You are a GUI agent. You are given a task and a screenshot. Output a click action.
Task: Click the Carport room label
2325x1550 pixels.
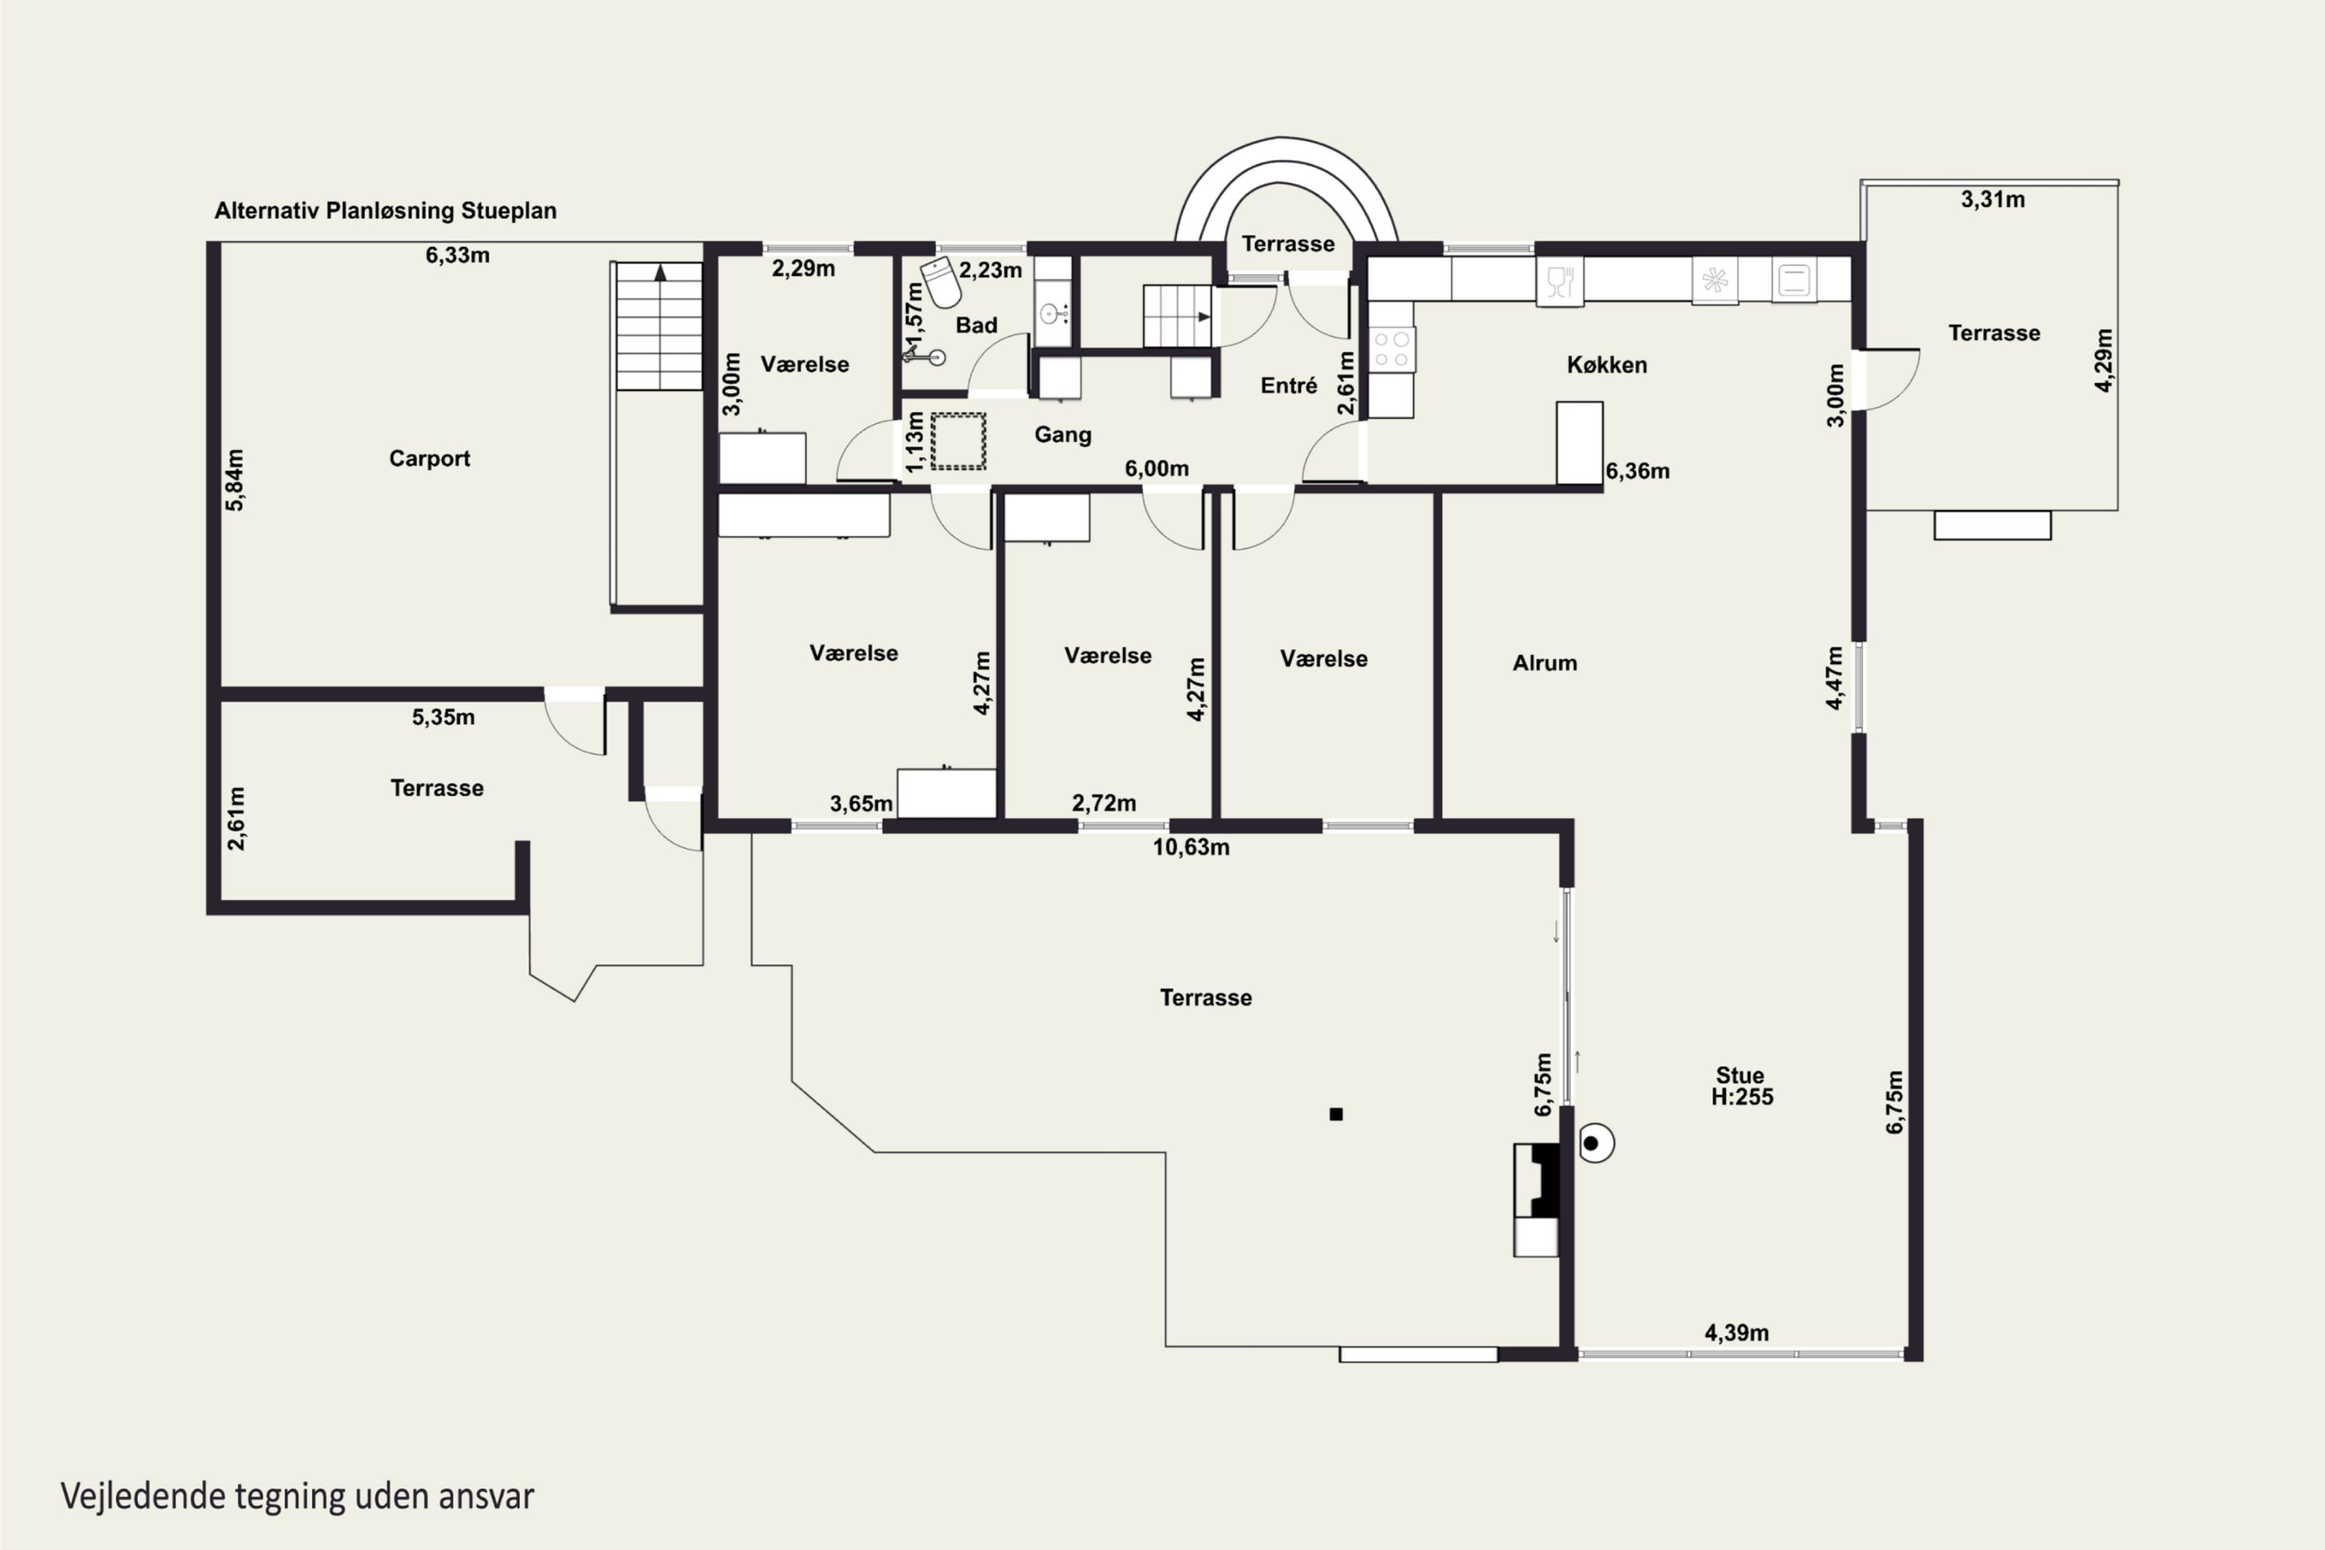click(x=429, y=459)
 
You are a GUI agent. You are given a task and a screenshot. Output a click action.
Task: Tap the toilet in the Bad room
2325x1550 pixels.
click(x=940, y=282)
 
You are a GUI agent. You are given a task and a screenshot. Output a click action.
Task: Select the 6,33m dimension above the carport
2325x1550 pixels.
click(x=458, y=255)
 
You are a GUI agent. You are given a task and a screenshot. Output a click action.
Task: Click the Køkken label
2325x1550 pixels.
click(x=1607, y=365)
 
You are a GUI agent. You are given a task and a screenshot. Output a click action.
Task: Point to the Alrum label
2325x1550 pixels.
click(x=1544, y=663)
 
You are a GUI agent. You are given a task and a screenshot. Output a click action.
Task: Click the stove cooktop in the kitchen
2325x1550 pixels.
click(x=1392, y=349)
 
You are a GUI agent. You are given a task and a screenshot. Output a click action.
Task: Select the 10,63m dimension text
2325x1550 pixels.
click(x=1191, y=847)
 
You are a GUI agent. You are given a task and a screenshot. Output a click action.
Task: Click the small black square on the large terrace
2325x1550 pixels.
click(x=1336, y=1114)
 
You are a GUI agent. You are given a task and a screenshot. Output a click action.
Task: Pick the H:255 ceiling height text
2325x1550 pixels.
click(x=1741, y=1097)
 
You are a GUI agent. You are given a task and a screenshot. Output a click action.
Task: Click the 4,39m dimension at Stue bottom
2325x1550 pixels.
click(x=1737, y=1332)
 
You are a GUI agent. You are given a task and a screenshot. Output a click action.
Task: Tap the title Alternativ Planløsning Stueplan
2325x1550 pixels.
click(x=385, y=211)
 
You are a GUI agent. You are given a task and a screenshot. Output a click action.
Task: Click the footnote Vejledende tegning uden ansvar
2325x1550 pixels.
click(x=298, y=1497)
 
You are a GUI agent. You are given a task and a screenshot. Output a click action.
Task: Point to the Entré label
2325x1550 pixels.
click(x=1288, y=385)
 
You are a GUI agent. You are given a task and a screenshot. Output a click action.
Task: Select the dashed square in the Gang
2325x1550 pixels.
click(x=958, y=441)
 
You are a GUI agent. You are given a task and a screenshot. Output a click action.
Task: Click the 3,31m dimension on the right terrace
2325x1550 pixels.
click(x=1993, y=200)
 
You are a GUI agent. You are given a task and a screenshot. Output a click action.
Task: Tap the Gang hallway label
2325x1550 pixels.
click(x=1063, y=435)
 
